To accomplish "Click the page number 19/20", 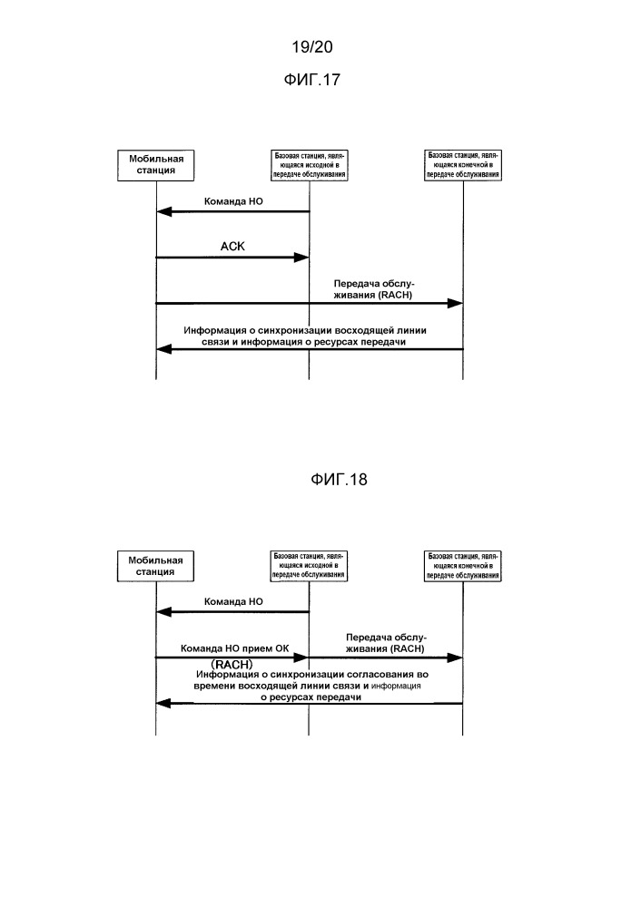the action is click(x=311, y=47).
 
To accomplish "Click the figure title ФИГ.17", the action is click(x=311, y=80).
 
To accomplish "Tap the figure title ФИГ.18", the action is click(x=339, y=480).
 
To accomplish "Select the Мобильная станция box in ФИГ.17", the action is click(x=155, y=165).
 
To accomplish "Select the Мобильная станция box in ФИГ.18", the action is click(x=155, y=566).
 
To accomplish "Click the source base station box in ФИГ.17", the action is click(x=309, y=165).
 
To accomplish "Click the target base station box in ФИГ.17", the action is click(x=463, y=165).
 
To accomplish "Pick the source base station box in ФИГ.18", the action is click(x=309, y=566).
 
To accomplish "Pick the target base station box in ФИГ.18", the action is click(x=463, y=566).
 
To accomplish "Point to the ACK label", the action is click(x=232, y=247).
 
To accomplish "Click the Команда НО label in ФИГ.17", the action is click(x=233, y=201).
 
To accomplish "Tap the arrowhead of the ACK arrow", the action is click(x=302, y=258).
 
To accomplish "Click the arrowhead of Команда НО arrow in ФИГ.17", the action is click(x=163, y=212).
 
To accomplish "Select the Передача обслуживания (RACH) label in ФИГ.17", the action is click(x=374, y=289).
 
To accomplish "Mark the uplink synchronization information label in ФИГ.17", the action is click(x=305, y=336).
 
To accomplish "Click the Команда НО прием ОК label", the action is click(x=235, y=648).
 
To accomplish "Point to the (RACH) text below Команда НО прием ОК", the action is click(x=232, y=665).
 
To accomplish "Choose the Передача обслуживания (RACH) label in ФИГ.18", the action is click(x=386, y=643).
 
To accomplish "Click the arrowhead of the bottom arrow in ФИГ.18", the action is click(x=163, y=704).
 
